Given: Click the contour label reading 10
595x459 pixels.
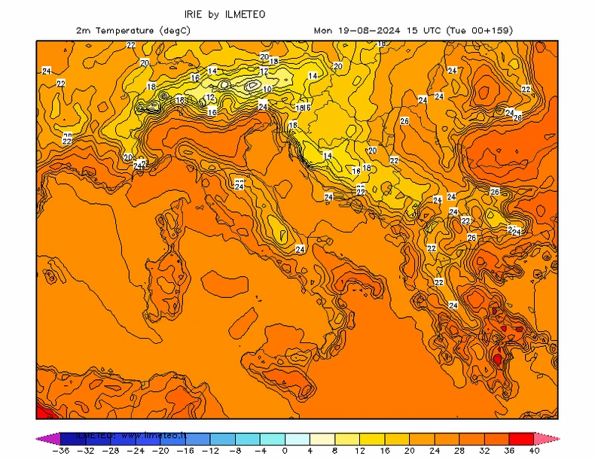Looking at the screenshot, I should pos(267,89).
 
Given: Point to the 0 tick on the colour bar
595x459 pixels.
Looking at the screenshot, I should pos(285,450).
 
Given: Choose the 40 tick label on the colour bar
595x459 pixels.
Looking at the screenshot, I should pos(533,450).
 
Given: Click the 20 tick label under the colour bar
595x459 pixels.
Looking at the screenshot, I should pos(409,450).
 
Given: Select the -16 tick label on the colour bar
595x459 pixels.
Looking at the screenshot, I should pos(186,450).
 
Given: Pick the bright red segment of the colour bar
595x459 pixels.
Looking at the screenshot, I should pos(521,437).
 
